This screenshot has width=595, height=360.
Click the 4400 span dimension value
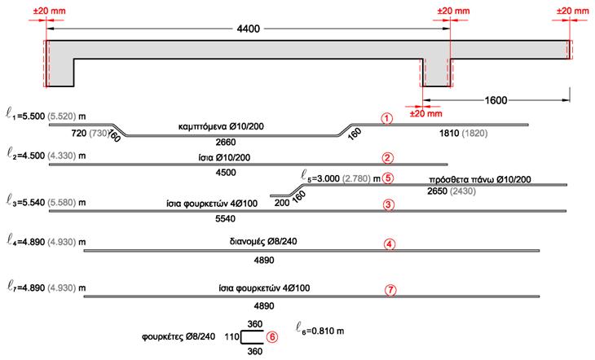point(248,29)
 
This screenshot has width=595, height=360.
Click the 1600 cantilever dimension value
point(496,100)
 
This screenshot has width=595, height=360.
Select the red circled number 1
point(386,119)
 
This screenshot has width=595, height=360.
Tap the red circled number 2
point(387,158)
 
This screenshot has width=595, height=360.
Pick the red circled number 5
point(388,178)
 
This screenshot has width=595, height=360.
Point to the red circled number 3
point(388,205)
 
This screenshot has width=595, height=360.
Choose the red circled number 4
point(390,244)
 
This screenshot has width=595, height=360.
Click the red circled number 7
point(390,291)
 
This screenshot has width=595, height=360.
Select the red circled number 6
point(271,337)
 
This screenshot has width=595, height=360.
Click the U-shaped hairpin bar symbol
point(241,337)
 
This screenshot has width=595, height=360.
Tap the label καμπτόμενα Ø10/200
point(221,126)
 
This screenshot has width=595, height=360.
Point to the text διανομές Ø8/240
point(263,241)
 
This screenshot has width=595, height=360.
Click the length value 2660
point(226,143)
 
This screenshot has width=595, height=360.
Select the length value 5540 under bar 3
point(226,219)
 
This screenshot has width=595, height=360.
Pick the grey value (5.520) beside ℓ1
point(62,116)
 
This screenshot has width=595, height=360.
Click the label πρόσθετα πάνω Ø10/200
point(480,179)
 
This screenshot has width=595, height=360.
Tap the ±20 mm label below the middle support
point(426,113)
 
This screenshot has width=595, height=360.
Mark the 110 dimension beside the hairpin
point(231,337)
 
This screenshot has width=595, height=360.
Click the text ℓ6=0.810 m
point(320,330)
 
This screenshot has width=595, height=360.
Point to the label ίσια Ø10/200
point(224,157)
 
